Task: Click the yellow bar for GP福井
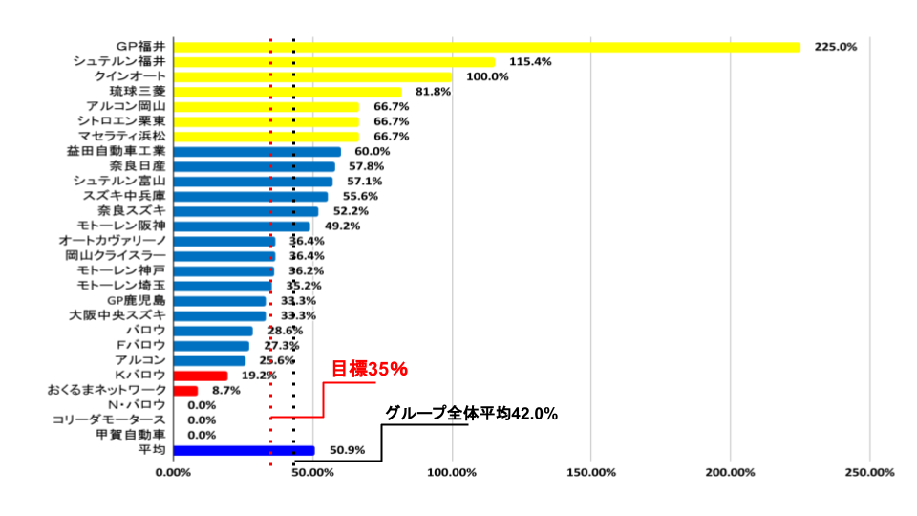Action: [x=487, y=47]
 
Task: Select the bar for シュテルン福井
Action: [x=334, y=62]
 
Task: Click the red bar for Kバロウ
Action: [x=201, y=376]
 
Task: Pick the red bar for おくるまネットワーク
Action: [x=186, y=390]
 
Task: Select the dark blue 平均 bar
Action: [x=244, y=450]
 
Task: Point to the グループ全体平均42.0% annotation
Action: [x=471, y=414]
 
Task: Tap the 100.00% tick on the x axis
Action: [x=452, y=472]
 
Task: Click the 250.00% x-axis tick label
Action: [x=869, y=472]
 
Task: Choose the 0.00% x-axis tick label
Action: [x=174, y=472]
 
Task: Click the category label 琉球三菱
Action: [x=138, y=92]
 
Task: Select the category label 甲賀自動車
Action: [x=131, y=435]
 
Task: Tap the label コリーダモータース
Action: [x=110, y=419]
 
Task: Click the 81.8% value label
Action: [x=433, y=92]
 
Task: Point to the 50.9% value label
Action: [x=346, y=450]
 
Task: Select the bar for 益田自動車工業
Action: [x=258, y=152]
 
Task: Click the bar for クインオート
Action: [x=313, y=76]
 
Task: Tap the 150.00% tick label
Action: [x=591, y=472]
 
